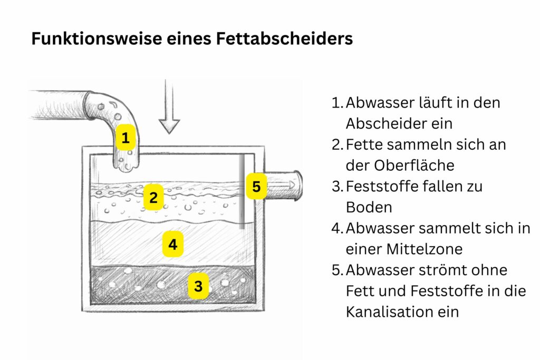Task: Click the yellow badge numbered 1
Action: (126, 138)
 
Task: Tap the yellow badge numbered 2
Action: (153, 198)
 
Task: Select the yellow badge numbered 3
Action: (198, 286)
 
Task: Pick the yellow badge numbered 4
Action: (172, 244)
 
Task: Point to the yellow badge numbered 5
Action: (256, 186)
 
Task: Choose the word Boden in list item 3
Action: (369, 207)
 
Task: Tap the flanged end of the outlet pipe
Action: (298, 185)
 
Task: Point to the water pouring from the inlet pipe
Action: (125, 161)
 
